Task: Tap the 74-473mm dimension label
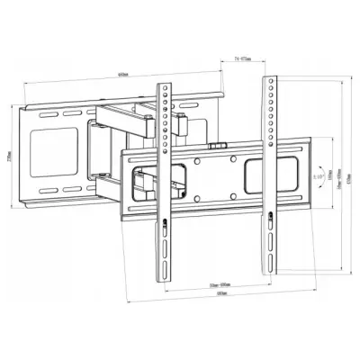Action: (x=237, y=57)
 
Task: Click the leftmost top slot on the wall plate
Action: (x=44, y=114)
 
